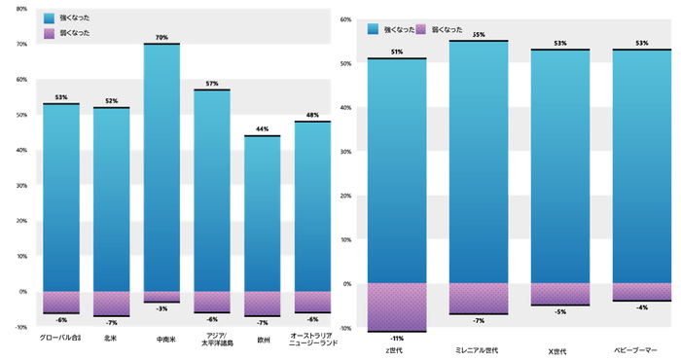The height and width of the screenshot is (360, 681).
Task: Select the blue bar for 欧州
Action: tap(263, 213)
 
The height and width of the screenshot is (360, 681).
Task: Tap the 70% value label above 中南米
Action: tap(161, 38)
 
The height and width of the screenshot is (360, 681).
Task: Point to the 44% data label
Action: tap(263, 129)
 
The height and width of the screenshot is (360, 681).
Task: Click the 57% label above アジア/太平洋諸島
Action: tap(212, 84)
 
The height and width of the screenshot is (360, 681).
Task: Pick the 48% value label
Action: tap(313, 116)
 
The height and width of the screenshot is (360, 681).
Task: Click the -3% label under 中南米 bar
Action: tap(161, 308)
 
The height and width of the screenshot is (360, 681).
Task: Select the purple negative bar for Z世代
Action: tap(397, 307)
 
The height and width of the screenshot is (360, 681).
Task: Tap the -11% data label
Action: tap(397, 338)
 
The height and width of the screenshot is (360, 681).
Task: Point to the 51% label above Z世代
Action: tap(397, 53)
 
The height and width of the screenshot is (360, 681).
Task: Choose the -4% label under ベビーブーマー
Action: tap(641, 307)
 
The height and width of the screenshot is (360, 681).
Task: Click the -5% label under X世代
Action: tap(560, 311)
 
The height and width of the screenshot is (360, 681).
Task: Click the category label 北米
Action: tap(111, 340)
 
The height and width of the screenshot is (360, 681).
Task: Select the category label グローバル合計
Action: tap(60, 340)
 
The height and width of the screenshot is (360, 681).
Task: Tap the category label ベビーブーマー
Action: tap(641, 347)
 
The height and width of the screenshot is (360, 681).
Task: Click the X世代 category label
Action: tap(560, 347)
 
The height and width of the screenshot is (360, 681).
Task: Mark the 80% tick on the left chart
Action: tap(21, 9)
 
